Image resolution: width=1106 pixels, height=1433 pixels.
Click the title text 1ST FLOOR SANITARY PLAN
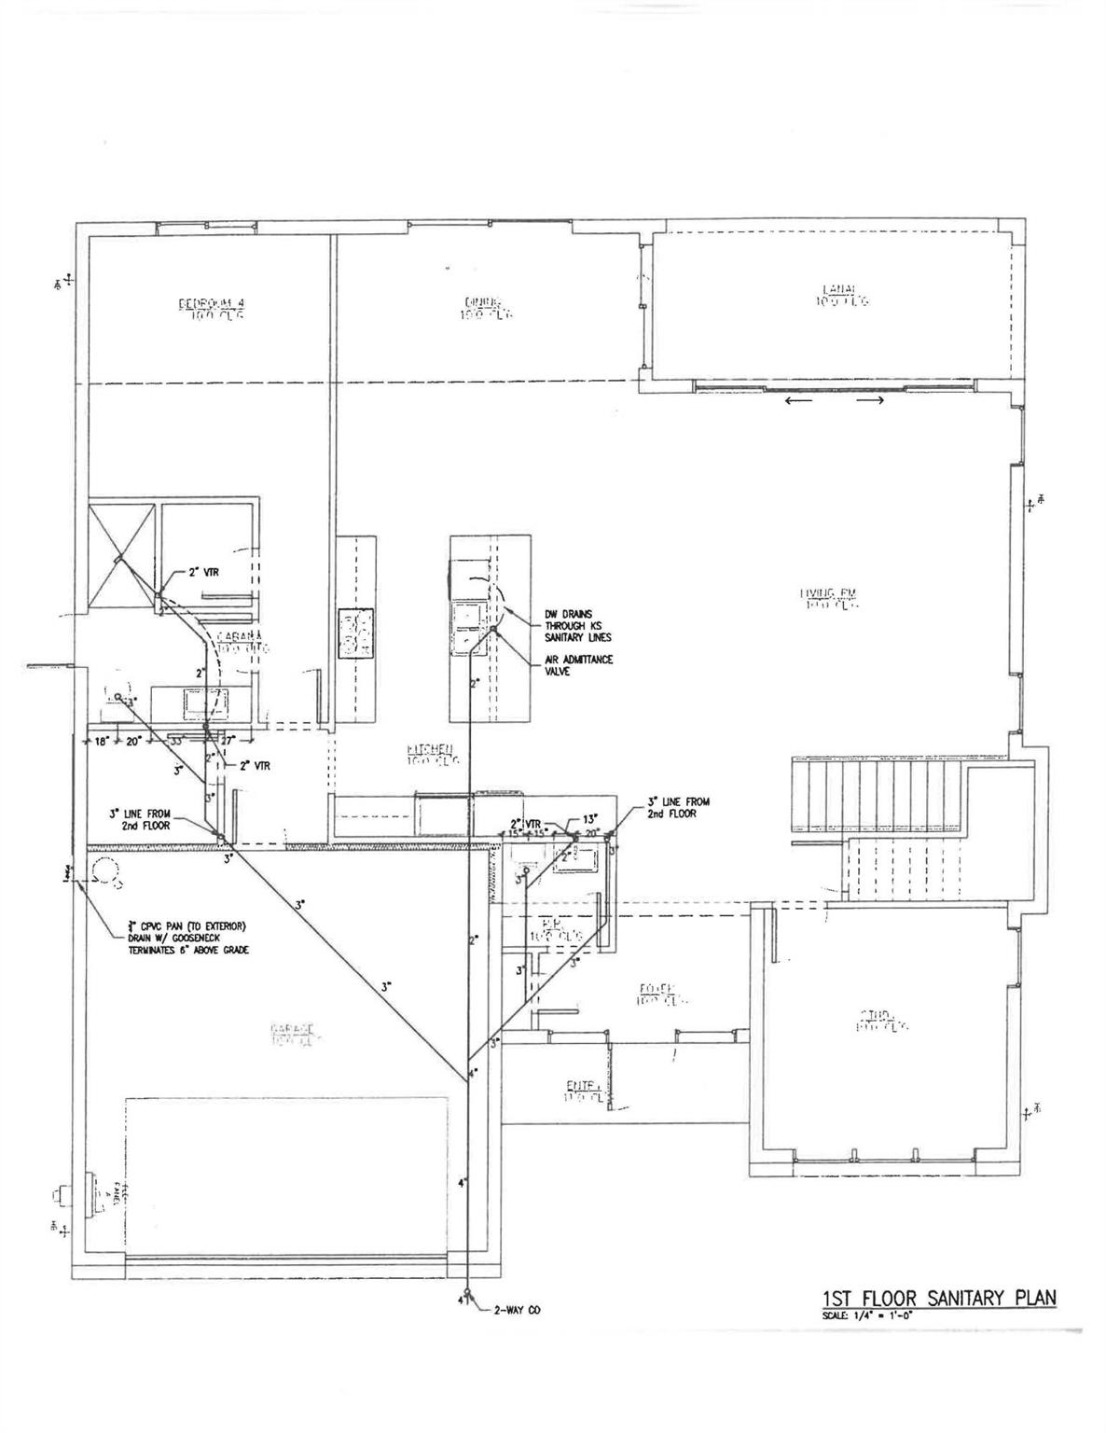click(x=939, y=1299)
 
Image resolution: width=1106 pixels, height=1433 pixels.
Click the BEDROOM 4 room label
click(x=211, y=309)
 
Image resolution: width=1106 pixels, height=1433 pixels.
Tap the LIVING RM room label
click(x=826, y=598)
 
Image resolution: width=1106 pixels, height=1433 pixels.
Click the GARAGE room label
click(x=295, y=1033)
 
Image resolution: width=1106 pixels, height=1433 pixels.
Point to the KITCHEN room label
click(x=430, y=754)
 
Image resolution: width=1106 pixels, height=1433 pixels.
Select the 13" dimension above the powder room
click(x=590, y=819)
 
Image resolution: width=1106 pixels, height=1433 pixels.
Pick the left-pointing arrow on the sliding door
click(x=798, y=401)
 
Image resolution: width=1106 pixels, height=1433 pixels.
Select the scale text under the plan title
click(x=866, y=1315)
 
